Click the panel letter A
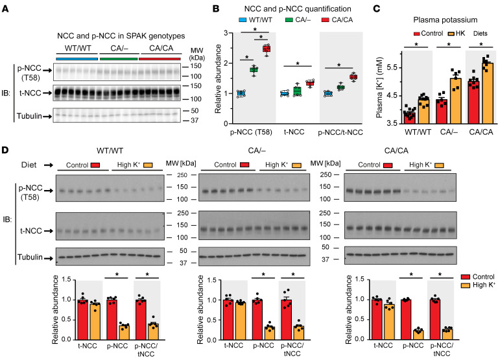pyautogui.click(x=6, y=7)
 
